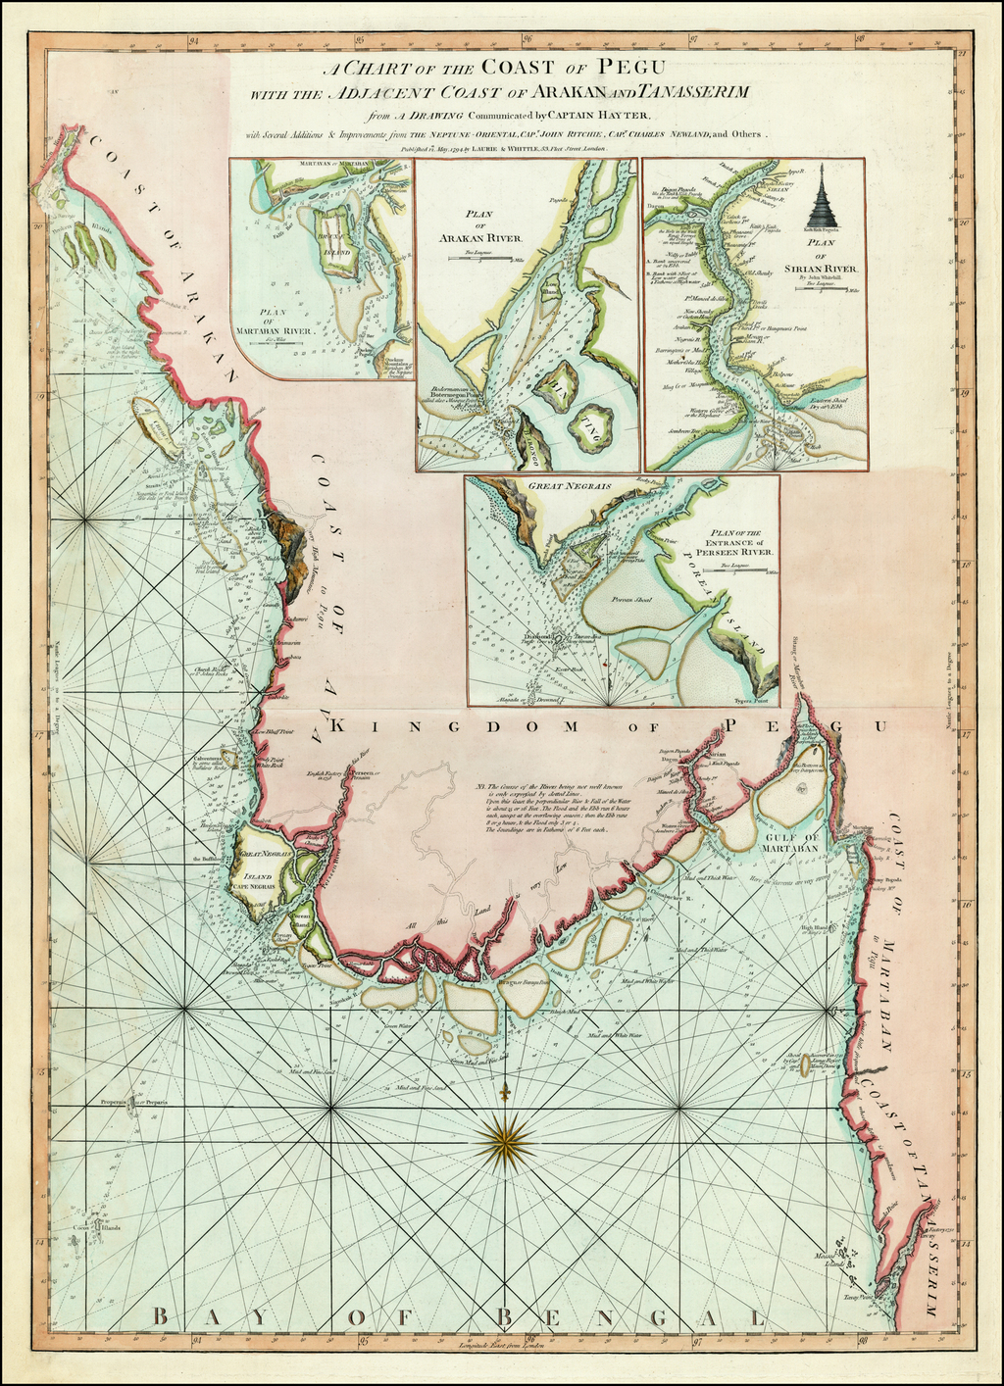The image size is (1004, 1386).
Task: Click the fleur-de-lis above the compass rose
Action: pyautogui.click(x=506, y=1091)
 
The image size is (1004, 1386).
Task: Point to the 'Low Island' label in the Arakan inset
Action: pyautogui.click(x=550, y=291)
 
